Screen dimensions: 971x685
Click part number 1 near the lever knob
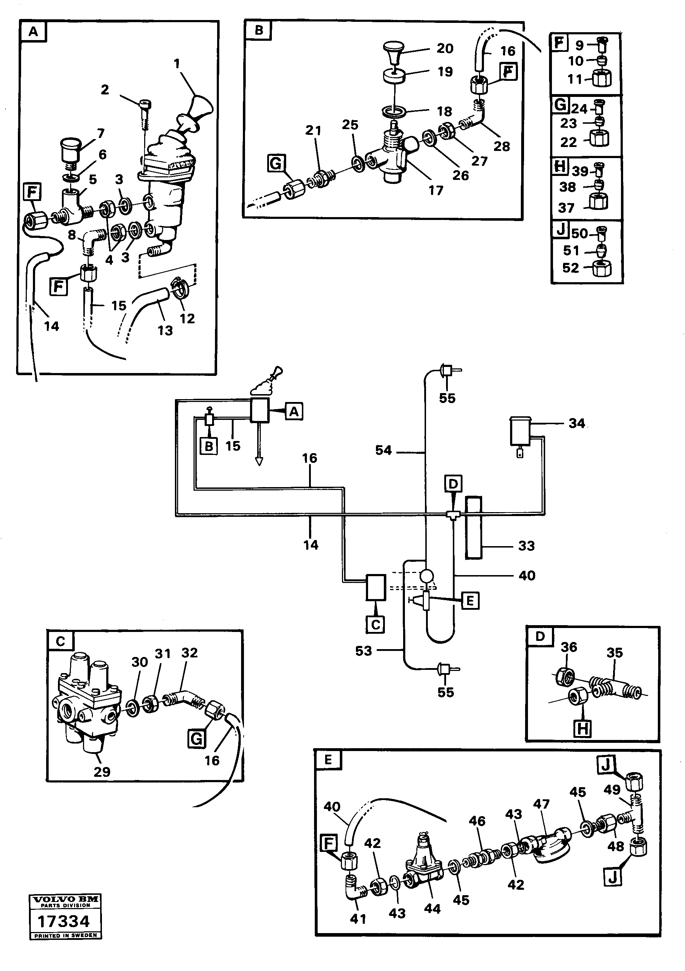(177, 64)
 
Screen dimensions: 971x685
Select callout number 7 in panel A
(101, 134)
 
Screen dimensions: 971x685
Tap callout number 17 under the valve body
(435, 190)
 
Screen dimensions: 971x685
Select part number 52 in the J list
(570, 268)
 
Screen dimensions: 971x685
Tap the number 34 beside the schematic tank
(576, 423)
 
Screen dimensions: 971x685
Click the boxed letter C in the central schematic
(375, 625)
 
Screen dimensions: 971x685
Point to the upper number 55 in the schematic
(447, 398)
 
